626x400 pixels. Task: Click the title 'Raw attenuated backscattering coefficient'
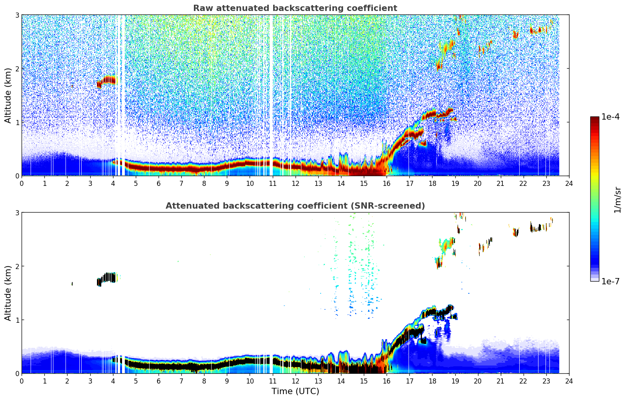pos(295,8)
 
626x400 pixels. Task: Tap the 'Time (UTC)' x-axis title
pos(295,391)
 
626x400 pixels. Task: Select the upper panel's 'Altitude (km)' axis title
pos(8,95)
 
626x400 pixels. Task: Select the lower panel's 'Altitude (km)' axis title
pos(8,293)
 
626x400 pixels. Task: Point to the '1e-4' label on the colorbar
pos(610,117)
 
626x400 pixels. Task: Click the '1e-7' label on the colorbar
pos(610,281)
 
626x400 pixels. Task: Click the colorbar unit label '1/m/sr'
pos(617,200)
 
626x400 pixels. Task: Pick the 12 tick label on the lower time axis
pos(295,381)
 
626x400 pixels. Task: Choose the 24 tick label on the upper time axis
pos(569,184)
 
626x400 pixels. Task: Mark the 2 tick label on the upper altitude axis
pos(17,69)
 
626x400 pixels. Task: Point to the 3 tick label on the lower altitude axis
pos(17,213)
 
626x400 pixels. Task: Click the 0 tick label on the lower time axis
pos(22,381)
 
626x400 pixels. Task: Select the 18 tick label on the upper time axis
pos(432,184)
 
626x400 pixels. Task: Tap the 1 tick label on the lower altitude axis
pos(17,320)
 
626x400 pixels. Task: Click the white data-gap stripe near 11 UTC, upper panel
pos(271,94)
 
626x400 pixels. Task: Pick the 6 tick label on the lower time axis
pos(159,381)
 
